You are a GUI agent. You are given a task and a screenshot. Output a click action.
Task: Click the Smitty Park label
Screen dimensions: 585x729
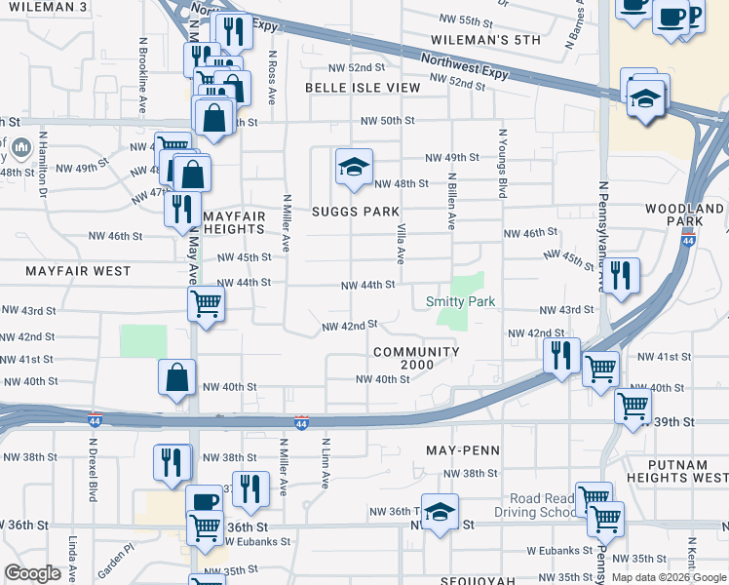pos(461,302)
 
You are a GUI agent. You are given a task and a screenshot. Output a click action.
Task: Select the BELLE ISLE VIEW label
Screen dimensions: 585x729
pos(363,88)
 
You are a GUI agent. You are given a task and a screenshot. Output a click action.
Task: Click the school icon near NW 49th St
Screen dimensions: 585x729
pos(354,166)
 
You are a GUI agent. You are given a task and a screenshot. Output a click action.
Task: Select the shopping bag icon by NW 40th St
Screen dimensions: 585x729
pos(177,378)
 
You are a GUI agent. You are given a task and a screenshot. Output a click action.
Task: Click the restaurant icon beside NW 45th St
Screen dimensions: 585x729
pos(620,275)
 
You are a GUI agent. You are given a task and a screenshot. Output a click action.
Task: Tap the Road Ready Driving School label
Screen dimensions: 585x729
pos(529,506)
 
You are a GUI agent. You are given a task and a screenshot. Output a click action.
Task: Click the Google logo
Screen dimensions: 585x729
pos(32,573)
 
